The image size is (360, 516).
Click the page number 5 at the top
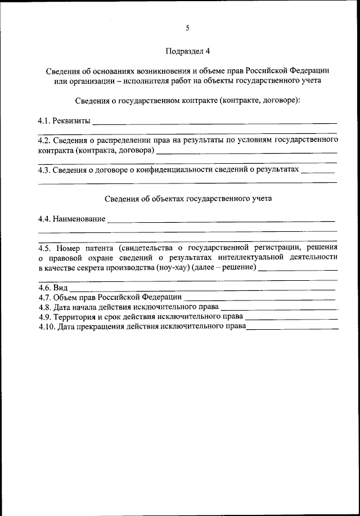pos(187,28)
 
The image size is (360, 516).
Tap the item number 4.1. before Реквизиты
pos(44,120)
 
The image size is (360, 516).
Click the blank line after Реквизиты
pos(214,122)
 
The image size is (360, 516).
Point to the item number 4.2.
pos(44,141)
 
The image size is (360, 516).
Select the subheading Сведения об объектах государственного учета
pos(188,199)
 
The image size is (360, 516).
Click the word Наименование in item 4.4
pos(79,218)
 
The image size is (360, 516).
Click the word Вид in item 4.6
pos(61,288)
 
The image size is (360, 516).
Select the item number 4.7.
pos(44,297)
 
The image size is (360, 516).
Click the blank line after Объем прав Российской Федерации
pos(259,298)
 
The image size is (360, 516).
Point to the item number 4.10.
pos(47,327)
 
